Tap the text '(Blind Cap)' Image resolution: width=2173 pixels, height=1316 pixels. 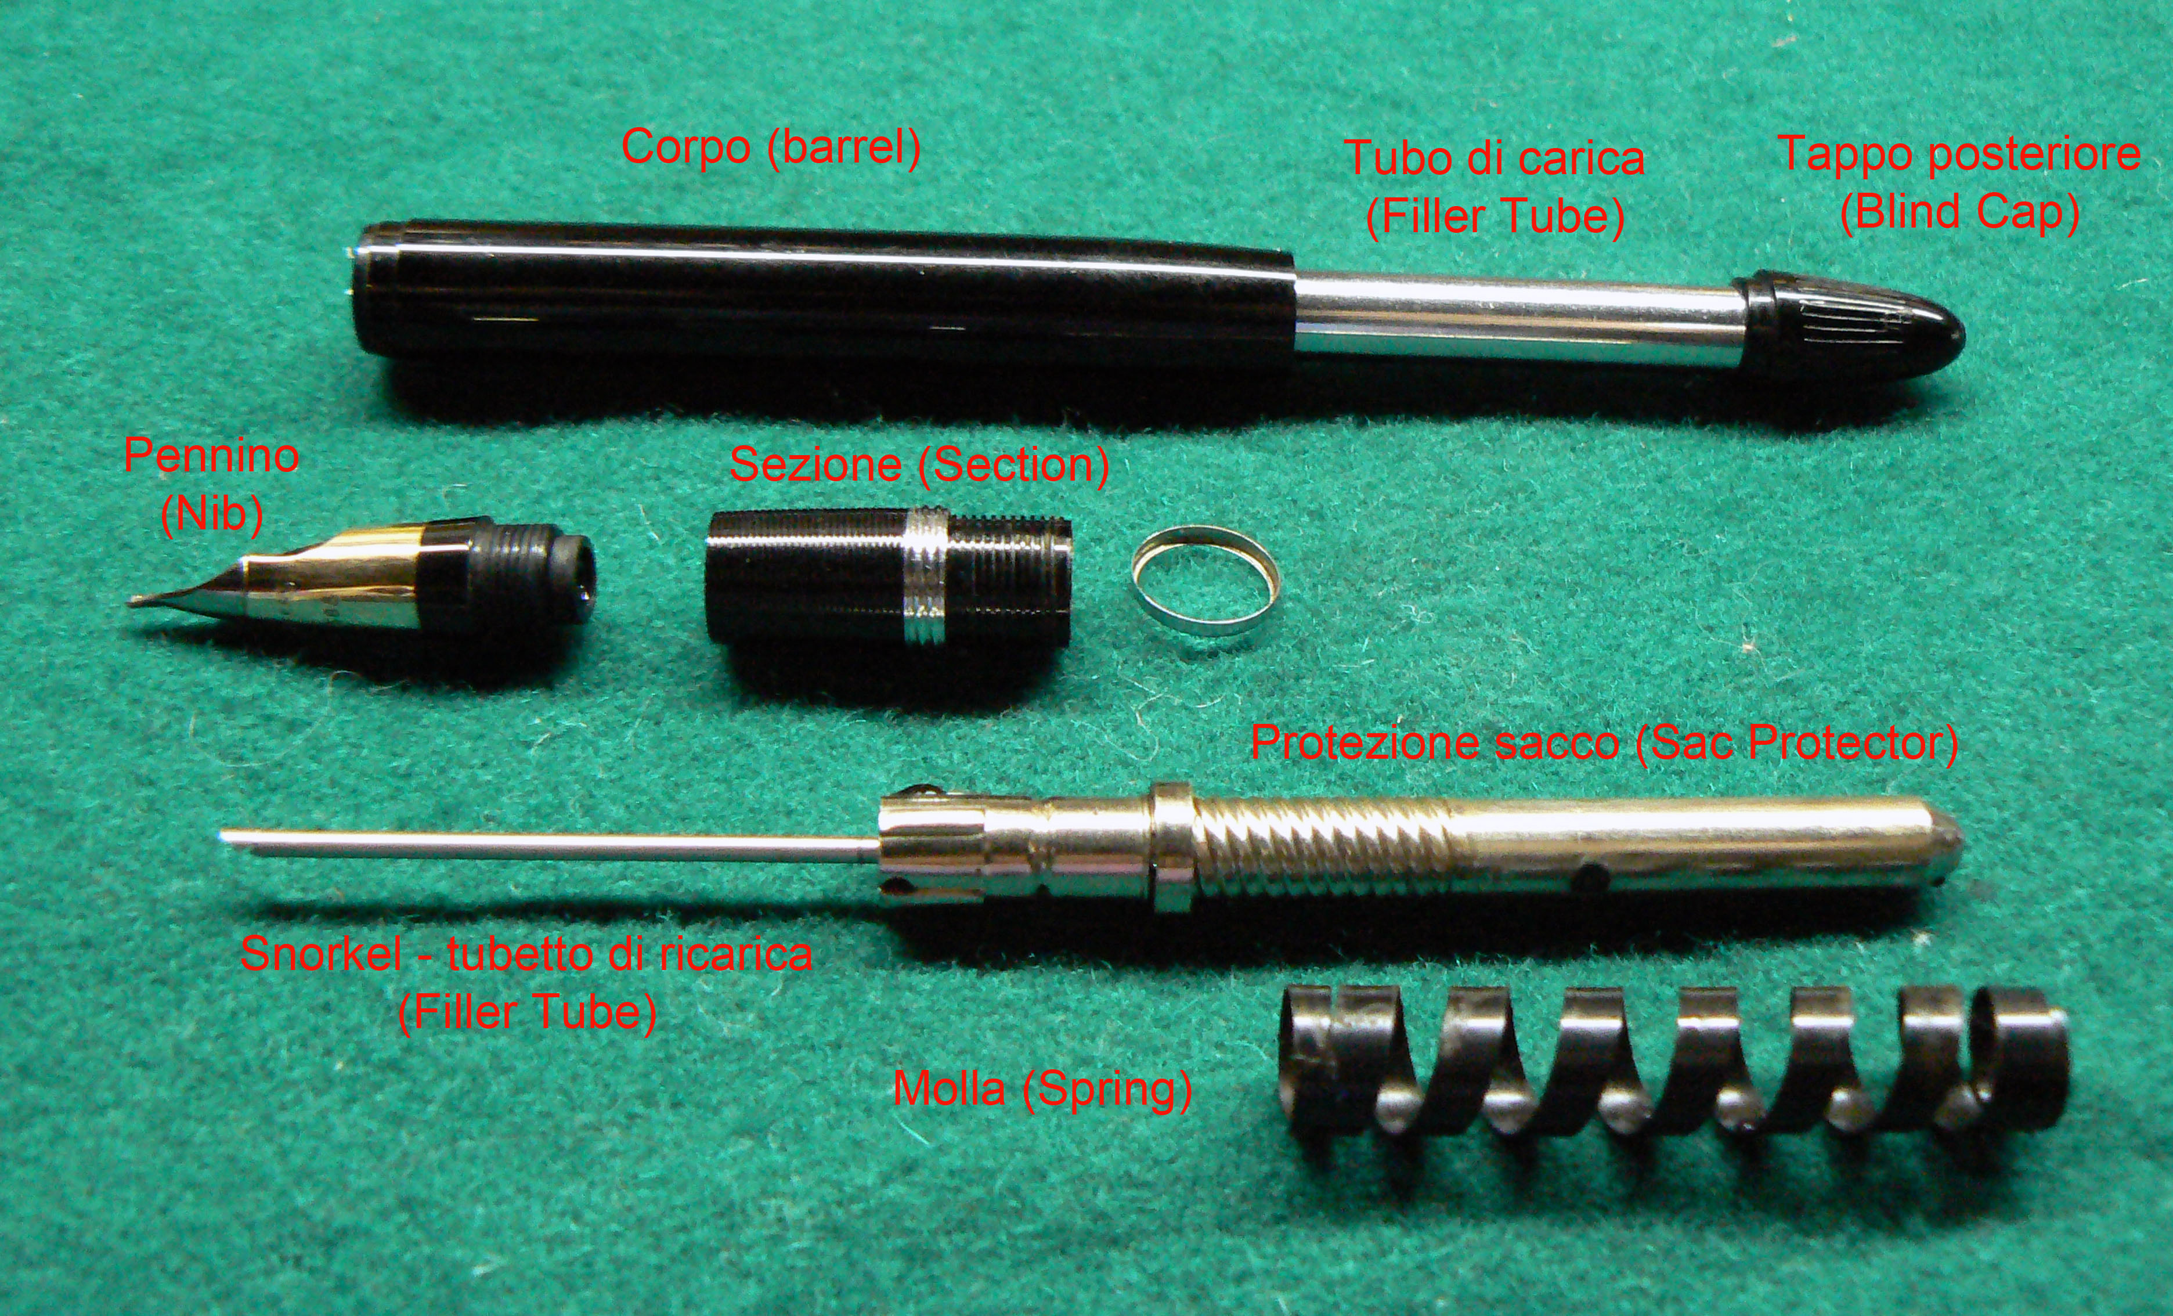[x=1959, y=212]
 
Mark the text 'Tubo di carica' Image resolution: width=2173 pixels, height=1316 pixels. [x=1494, y=158]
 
